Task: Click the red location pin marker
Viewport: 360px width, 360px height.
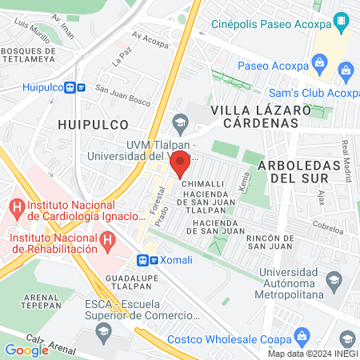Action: point(180,163)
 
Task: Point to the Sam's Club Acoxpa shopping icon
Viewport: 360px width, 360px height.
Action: point(347,72)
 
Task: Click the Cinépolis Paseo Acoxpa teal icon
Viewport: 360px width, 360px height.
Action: point(341,19)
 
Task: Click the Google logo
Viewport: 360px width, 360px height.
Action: point(27,350)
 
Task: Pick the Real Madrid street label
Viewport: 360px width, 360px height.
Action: point(346,161)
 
